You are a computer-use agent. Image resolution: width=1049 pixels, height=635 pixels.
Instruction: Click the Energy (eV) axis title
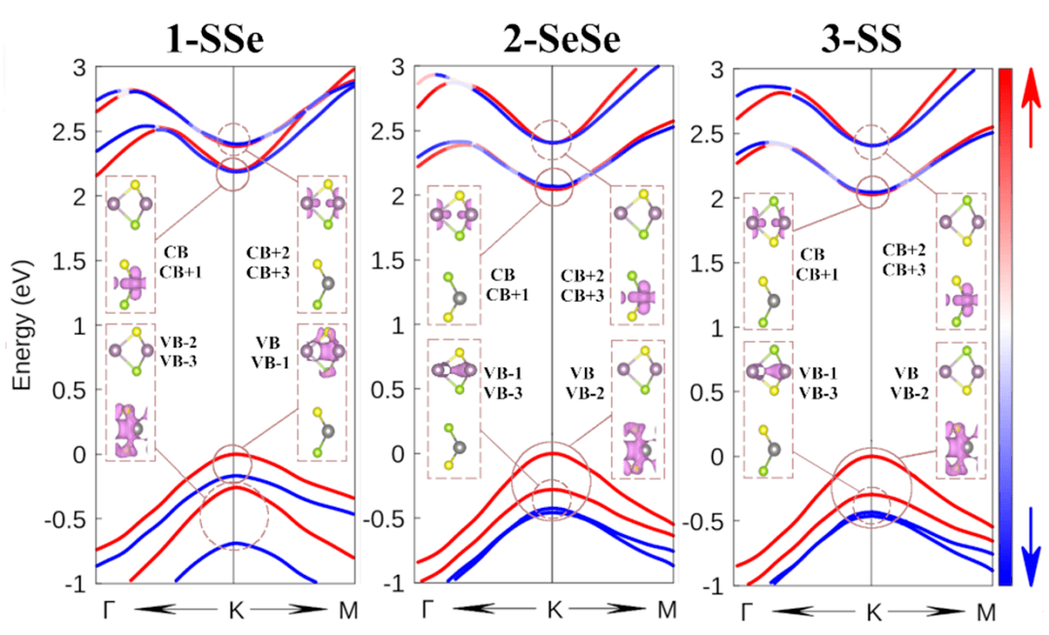tap(21, 324)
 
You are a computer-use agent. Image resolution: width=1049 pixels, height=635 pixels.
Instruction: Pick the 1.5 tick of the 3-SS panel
tap(717, 262)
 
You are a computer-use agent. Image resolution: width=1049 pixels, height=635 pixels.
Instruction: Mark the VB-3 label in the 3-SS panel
tap(817, 392)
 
